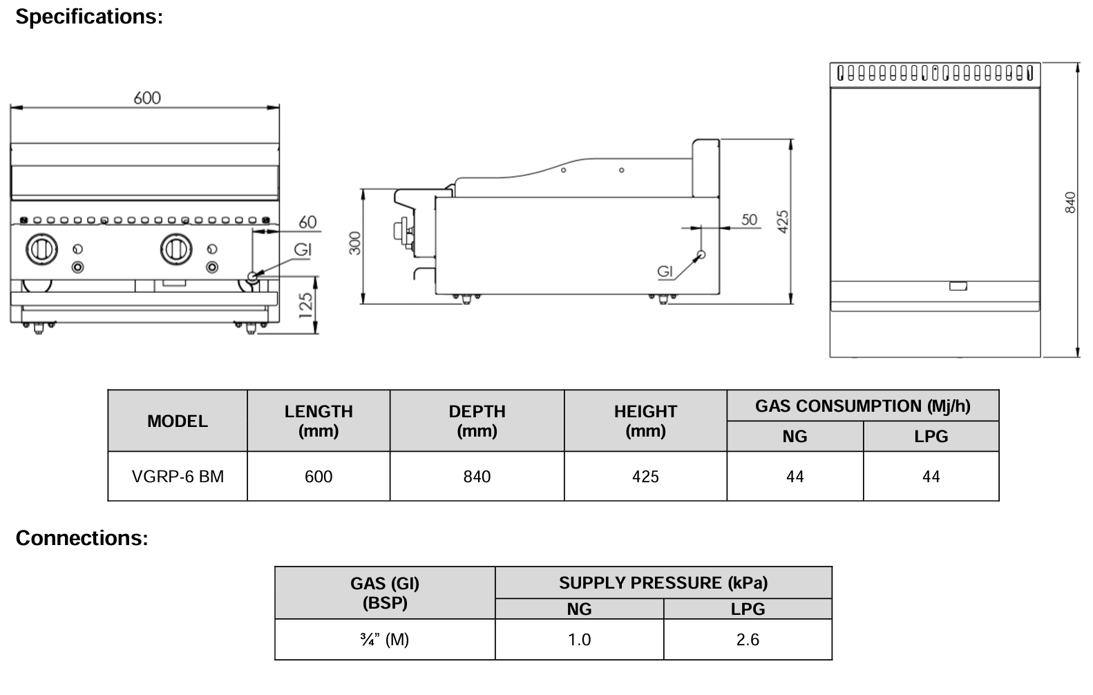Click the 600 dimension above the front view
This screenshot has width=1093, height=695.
point(146,98)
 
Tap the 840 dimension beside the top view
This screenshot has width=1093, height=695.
point(1070,202)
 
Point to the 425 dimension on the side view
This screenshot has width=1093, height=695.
point(783,222)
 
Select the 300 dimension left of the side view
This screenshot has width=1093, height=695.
point(355,243)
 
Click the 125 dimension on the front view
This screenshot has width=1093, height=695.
point(305,304)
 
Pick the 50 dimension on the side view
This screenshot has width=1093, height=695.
point(749,220)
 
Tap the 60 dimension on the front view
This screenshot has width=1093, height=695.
point(307,222)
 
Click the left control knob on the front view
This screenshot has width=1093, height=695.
point(39,249)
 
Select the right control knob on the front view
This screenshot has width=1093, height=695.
point(174,249)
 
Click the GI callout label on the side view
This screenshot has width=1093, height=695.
point(665,272)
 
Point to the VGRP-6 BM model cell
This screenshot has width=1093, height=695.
point(178,477)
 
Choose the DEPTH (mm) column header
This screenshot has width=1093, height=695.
point(477,421)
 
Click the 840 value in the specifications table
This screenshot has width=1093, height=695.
point(477,477)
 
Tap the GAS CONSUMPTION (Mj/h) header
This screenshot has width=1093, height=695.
point(862,406)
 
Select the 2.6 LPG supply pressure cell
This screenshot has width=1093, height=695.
point(748,640)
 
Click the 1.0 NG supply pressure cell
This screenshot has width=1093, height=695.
point(579,640)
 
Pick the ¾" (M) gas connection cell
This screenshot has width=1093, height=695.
point(385,640)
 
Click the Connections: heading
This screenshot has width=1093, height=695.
point(82,538)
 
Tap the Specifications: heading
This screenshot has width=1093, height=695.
point(89,17)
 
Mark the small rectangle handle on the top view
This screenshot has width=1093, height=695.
point(958,286)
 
